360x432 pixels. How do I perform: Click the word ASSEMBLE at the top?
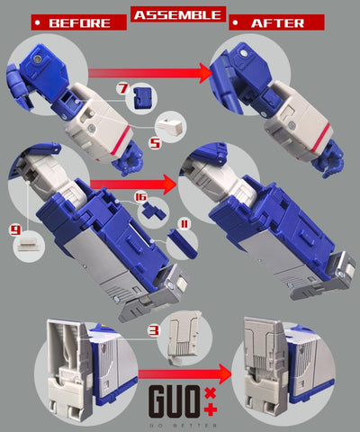178,13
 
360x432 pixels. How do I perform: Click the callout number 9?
15,229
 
